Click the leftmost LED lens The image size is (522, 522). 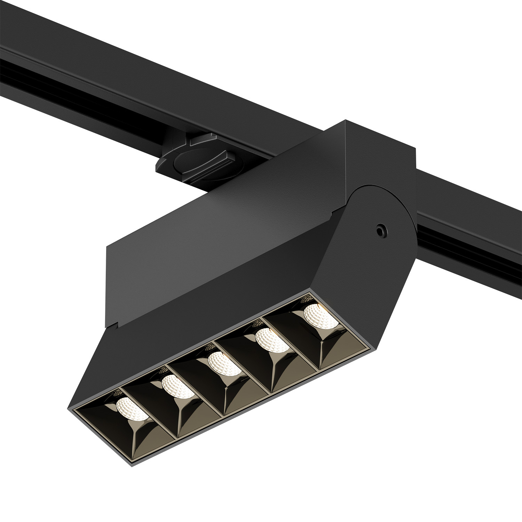pos(131,408)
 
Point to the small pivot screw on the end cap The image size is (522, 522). pos(380,230)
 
